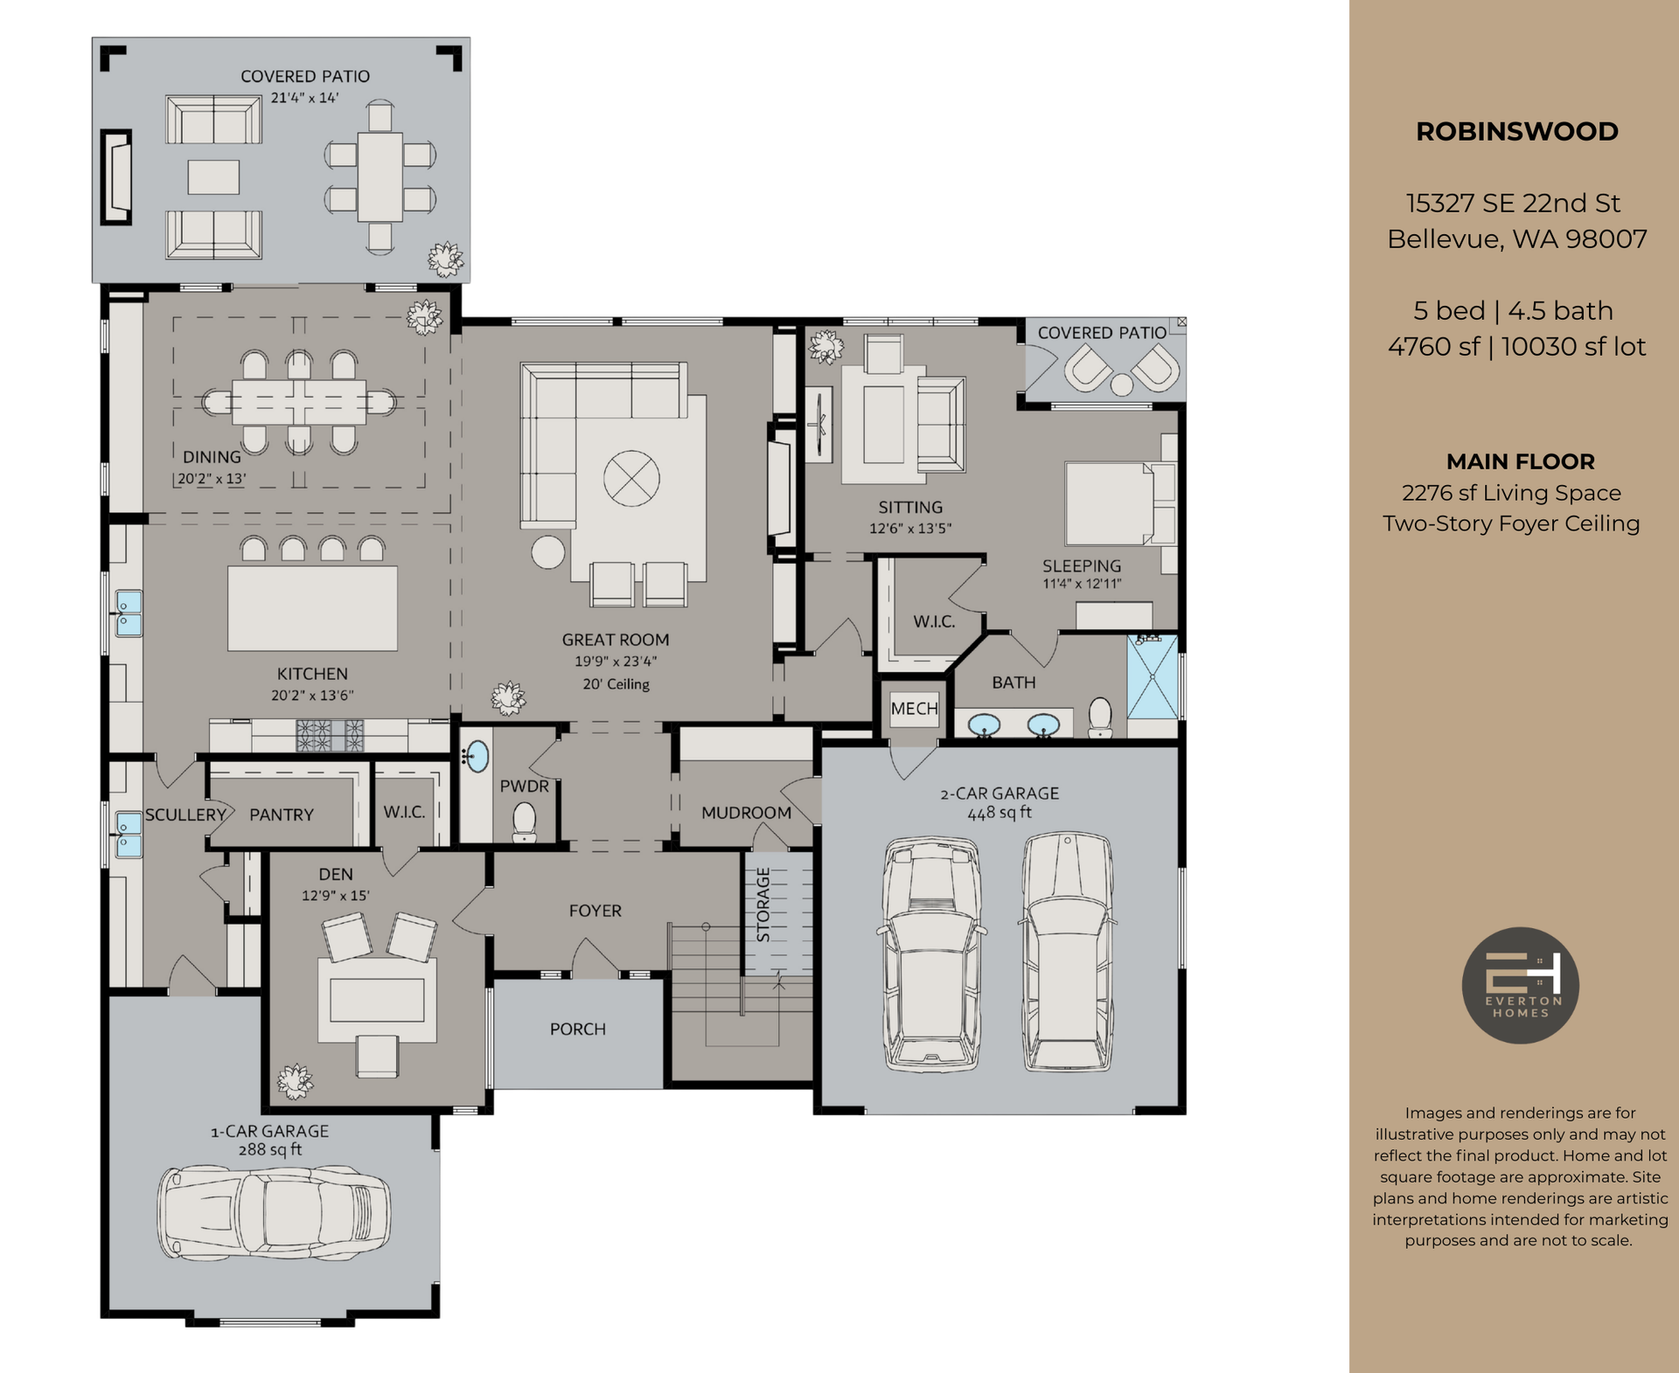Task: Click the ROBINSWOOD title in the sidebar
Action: click(1516, 132)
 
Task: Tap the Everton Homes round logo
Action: click(1520, 985)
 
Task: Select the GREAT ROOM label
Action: click(615, 640)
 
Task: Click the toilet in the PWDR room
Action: click(524, 821)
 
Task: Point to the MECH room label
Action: click(914, 709)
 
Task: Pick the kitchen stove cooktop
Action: click(330, 734)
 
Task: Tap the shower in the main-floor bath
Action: click(1152, 676)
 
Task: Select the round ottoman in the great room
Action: click(548, 552)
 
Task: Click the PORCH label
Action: click(577, 1029)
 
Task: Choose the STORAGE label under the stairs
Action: click(763, 905)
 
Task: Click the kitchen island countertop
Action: click(312, 608)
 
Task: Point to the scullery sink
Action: click(129, 834)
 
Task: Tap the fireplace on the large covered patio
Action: click(116, 177)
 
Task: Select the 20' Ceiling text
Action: click(616, 684)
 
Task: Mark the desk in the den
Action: click(377, 1000)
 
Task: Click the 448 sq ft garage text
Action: click(999, 813)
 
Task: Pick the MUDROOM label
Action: click(746, 813)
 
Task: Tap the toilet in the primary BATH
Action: click(1100, 717)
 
